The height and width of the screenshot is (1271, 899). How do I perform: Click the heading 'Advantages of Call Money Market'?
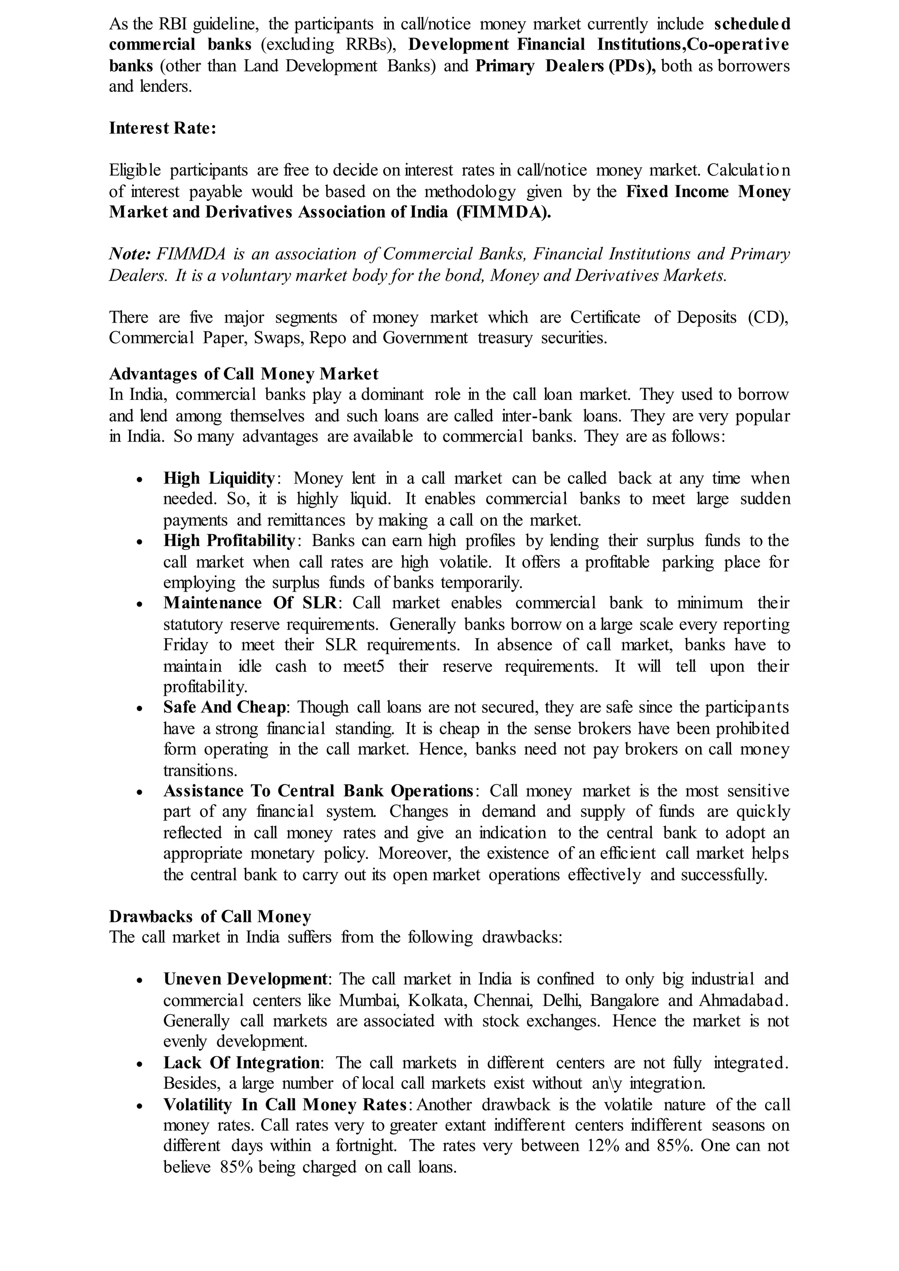244,374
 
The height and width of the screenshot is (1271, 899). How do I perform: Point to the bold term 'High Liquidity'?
219,478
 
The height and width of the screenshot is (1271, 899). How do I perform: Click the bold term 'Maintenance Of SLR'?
250,603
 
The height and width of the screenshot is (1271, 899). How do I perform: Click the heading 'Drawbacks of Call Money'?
210,917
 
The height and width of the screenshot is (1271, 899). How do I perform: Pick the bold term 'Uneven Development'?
245,979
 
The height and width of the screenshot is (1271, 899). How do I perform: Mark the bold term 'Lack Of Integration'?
241,1063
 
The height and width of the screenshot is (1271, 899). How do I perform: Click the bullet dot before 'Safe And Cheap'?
140,708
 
